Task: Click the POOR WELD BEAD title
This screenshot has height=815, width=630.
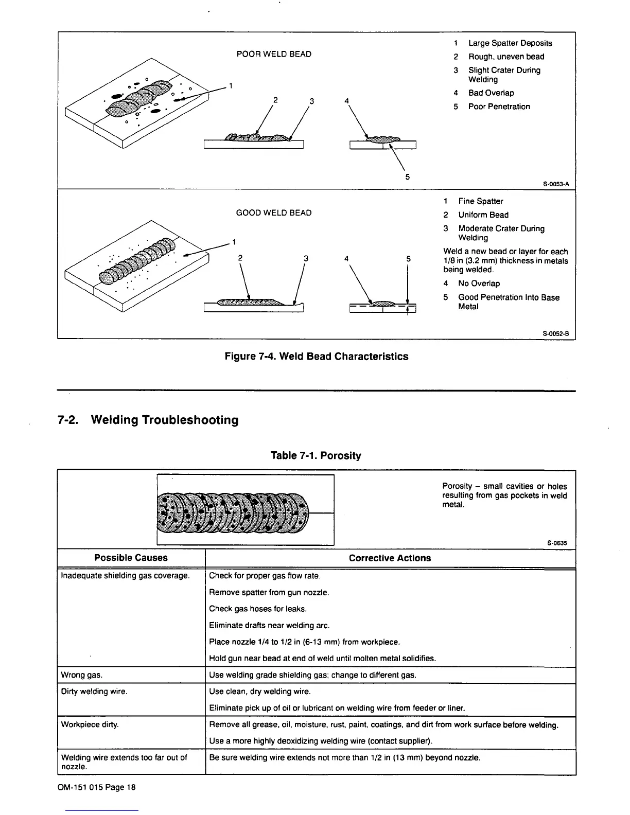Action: click(273, 54)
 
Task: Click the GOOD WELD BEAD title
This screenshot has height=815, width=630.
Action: click(273, 212)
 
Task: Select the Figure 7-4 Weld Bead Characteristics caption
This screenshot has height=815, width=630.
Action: click(317, 357)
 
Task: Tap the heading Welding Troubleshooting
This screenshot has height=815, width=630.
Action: click(164, 420)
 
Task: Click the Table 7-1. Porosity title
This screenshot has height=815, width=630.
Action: click(316, 455)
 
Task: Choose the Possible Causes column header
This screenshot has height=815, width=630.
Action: click(131, 558)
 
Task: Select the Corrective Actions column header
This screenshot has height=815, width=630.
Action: click(390, 558)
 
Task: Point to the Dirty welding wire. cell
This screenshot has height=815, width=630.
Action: click(94, 691)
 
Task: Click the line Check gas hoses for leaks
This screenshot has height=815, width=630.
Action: click(258, 609)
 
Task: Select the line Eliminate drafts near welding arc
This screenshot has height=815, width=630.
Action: click(269, 625)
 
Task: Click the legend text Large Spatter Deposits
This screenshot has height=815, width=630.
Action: click(510, 43)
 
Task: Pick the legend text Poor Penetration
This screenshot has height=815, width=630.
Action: click(499, 107)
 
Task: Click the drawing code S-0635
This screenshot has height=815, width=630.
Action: click(557, 543)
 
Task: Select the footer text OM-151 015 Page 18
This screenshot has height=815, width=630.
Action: click(98, 787)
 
